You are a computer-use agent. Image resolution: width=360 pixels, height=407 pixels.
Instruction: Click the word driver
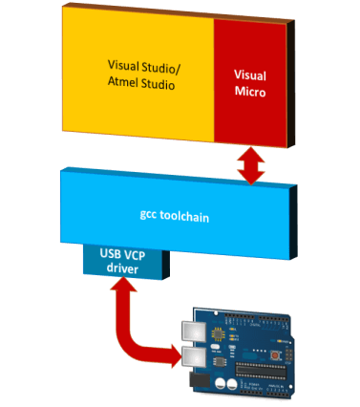(129, 270)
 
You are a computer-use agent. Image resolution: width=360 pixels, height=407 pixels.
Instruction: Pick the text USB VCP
(129, 255)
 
